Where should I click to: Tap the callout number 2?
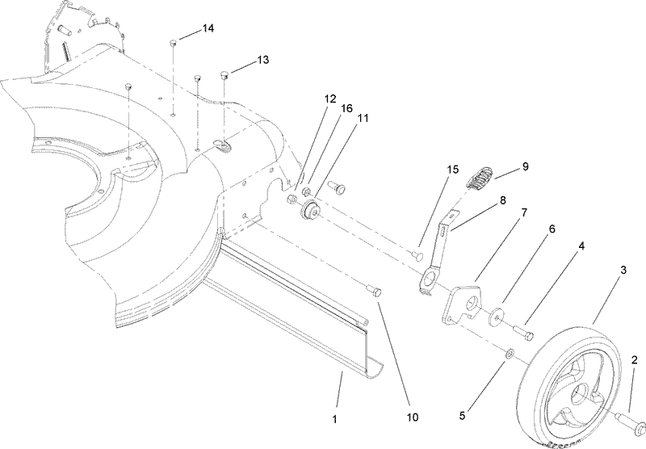tap(634, 359)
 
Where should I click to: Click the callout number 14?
tap(208, 28)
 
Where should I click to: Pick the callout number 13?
tap(263, 60)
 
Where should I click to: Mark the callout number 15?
tap(453, 169)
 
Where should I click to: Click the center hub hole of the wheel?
tap(580, 397)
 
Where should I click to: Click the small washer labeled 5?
tap(510, 355)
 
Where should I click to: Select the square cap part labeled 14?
tap(174, 43)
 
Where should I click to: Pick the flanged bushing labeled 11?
tap(309, 212)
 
